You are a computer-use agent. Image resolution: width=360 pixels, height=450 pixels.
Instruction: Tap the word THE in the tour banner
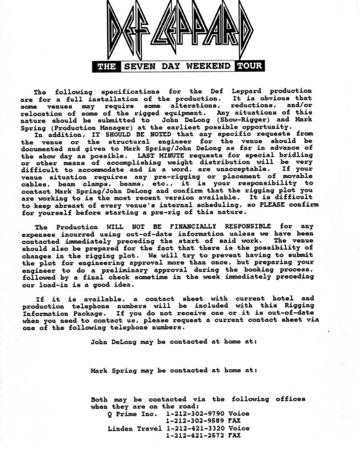(x=106, y=67)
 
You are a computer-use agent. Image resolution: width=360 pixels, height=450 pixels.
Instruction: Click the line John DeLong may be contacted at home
(x=174, y=342)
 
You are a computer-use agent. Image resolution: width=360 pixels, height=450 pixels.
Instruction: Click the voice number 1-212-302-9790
(x=195, y=414)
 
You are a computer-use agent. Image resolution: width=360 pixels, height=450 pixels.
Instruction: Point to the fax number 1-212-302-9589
(x=195, y=421)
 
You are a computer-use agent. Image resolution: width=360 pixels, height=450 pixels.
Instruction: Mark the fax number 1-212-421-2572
(x=195, y=436)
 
